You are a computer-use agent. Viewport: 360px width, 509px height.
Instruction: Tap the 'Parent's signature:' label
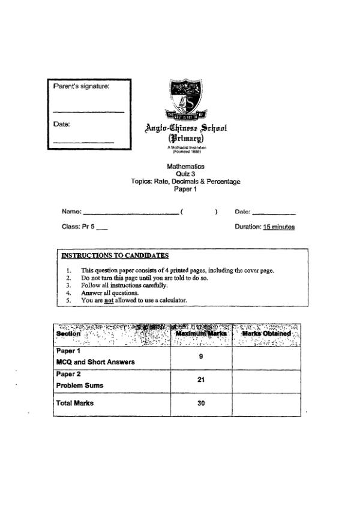pyautogui.click(x=82, y=86)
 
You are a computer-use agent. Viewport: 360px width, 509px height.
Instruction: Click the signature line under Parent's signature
pyautogui.click(x=88, y=112)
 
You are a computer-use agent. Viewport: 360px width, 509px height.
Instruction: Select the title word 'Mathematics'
pyautogui.click(x=185, y=167)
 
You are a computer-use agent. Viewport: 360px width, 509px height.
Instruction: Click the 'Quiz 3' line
pyautogui.click(x=185, y=174)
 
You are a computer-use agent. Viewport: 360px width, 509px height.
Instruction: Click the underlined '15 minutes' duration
pyautogui.click(x=278, y=227)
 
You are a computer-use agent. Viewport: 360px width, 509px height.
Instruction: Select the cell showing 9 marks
pyautogui.click(x=201, y=356)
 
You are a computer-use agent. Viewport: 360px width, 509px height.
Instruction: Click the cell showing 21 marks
pyautogui.click(x=201, y=380)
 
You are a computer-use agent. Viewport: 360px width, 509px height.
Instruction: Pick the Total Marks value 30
pyautogui.click(x=201, y=403)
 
